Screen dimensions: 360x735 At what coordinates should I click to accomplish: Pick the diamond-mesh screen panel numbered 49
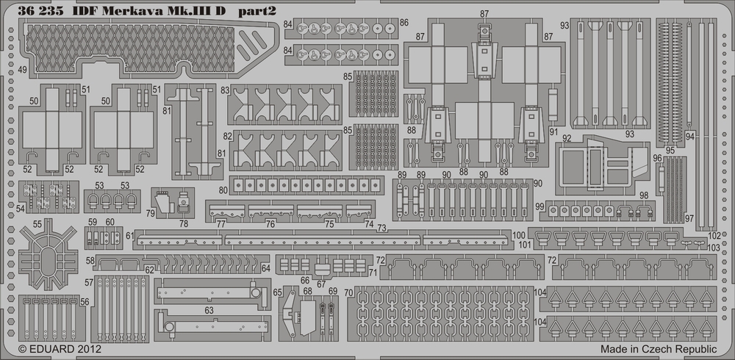pos(147,46)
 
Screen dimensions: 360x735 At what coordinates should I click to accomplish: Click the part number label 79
pos(150,214)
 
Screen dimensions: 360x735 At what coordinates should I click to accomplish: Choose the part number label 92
pos(587,137)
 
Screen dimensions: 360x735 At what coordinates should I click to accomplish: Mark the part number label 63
pos(209,312)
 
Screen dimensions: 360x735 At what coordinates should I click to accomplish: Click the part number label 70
pos(348,293)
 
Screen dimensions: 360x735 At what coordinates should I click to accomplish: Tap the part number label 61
pos(129,235)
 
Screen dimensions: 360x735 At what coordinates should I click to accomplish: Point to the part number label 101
pos(524,244)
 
